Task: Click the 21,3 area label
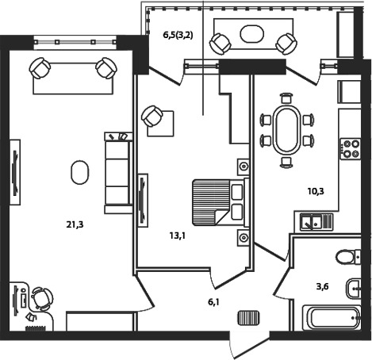pyautogui.click(x=75, y=225)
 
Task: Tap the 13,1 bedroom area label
pyautogui.click(x=178, y=236)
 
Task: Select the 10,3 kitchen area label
pyautogui.click(x=316, y=191)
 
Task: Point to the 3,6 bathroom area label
pyautogui.click(x=323, y=286)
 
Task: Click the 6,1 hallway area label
pyautogui.click(x=213, y=302)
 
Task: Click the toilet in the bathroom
pyautogui.click(x=348, y=256)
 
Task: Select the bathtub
pyautogui.click(x=332, y=317)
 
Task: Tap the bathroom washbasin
pyautogui.click(x=353, y=288)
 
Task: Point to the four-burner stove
pyautogui.click(x=351, y=148)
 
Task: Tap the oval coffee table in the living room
pyautogui.click(x=79, y=172)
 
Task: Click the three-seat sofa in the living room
pyautogui.click(x=118, y=173)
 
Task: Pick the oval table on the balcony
pyautogui.click(x=252, y=33)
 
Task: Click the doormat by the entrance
pyautogui.click(x=249, y=318)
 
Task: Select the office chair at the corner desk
pyautogui.click(x=42, y=299)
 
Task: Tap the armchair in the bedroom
pyautogui.click(x=152, y=117)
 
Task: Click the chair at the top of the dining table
pyautogui.click(x=286, y=98)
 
